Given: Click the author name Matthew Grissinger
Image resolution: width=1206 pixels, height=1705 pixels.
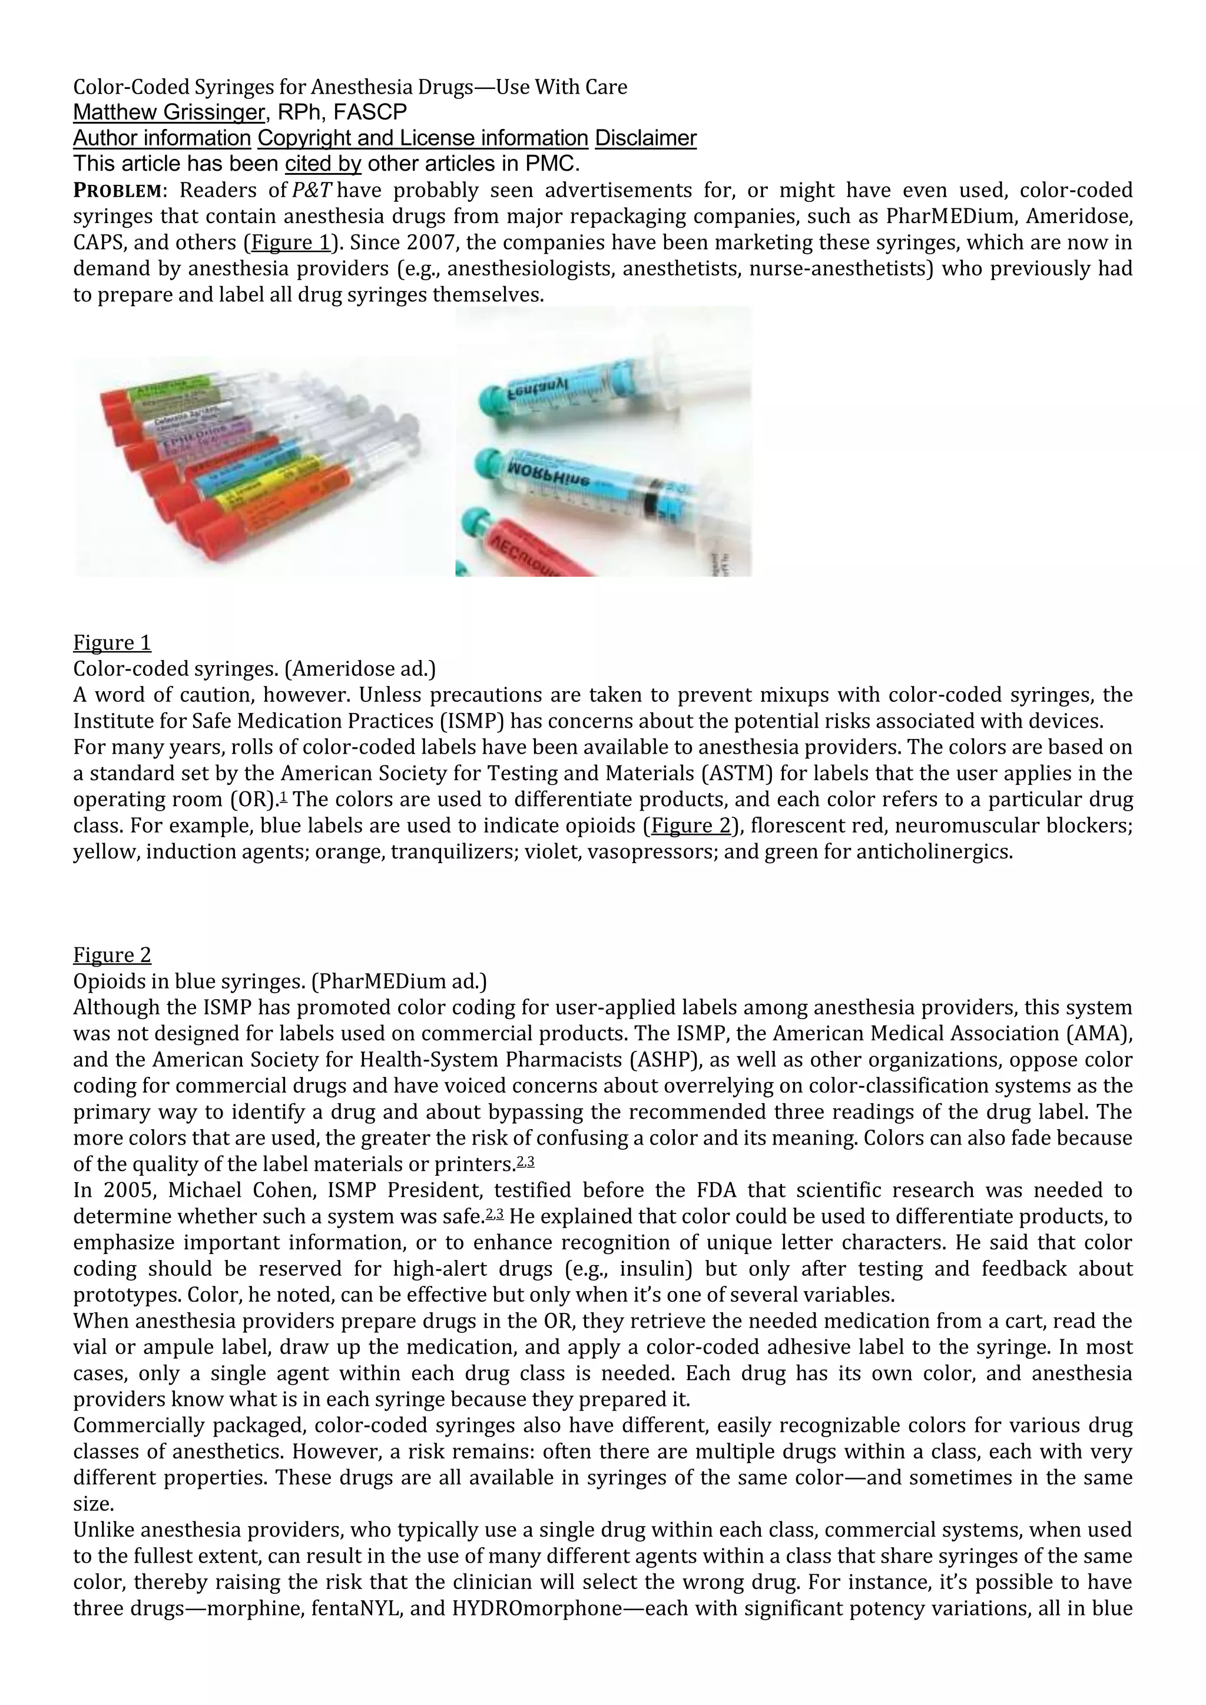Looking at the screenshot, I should [168, 112].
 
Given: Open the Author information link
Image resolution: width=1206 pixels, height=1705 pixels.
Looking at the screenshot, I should [162, 138].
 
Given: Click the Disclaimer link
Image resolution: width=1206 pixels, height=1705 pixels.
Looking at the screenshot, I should [645, 138].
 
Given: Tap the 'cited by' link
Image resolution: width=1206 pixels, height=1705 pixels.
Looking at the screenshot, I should [323, 163].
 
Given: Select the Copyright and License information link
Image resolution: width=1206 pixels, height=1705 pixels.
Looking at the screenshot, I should [423, 138].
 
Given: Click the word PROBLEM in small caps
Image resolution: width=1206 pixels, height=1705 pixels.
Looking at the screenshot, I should [117, 191].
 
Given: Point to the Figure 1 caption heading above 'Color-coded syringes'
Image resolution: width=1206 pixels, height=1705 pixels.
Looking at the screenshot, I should [111, 642].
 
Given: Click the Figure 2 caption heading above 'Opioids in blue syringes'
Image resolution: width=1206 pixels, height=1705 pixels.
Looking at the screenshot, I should [111, 955].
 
